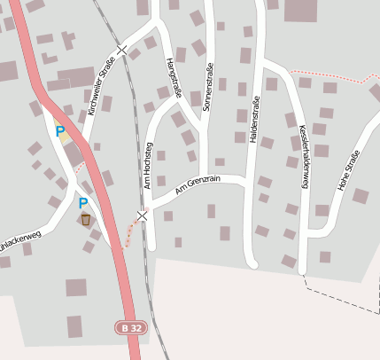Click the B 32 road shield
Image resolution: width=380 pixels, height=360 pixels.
[x=130, y=328]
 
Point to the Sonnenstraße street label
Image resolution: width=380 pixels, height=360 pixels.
[x=209, y=89]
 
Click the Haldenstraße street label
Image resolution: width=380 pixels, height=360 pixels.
[x=256, y=119]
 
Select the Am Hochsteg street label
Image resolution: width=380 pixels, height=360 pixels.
[x=150, y=164]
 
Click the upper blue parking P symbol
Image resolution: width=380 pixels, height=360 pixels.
[x=60, y=131]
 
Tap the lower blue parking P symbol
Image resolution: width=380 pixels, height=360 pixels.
[x=83, y=202]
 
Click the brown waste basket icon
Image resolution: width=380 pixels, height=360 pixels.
[x=86, y=217]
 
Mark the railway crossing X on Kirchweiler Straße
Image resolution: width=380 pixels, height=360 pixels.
[x=121, y=51]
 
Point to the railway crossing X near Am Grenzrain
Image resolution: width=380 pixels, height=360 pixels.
[x=142, y=215]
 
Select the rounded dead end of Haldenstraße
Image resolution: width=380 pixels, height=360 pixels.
[x=252, y=262]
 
